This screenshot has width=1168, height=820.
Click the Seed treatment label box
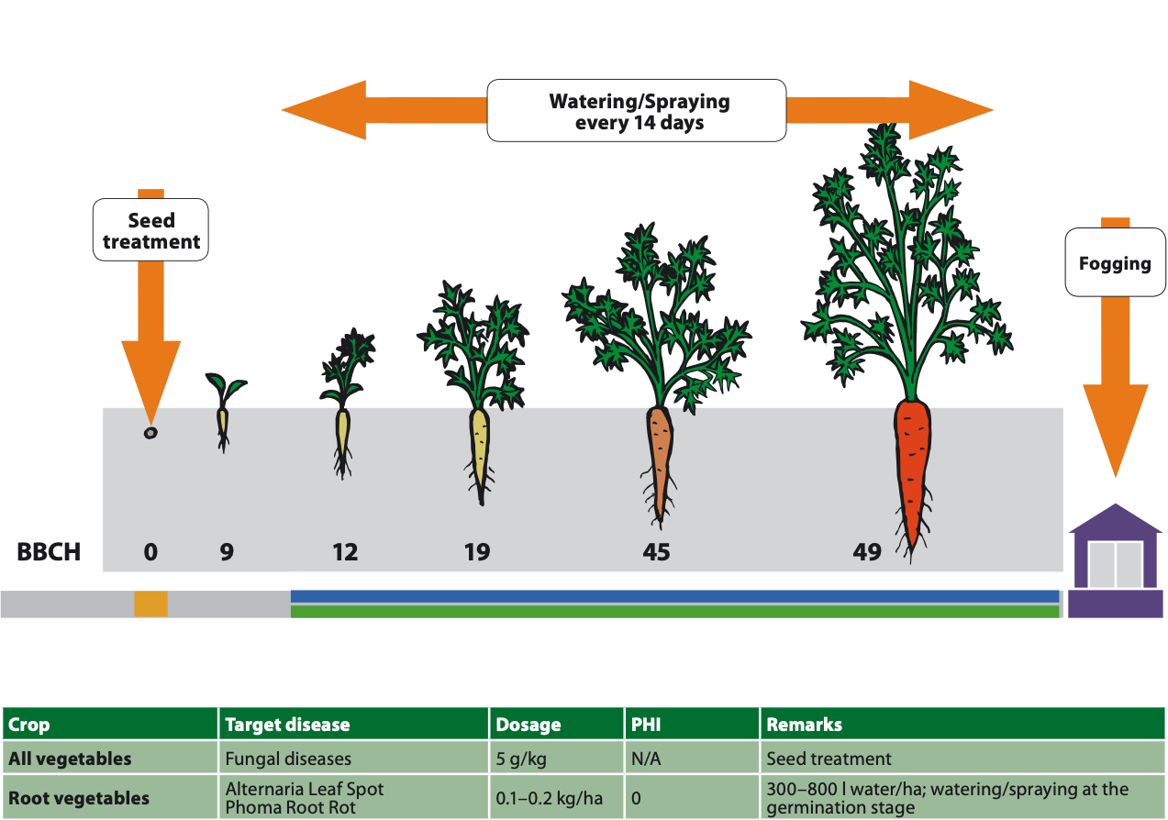[x=151, y=230]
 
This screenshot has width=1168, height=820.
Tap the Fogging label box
[x=1115, y=263]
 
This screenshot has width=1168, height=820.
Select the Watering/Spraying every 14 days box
[x=637, y=111]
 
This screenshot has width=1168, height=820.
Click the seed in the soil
[x=150, y=432]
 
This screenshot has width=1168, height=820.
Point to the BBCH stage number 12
[x=345, y=552]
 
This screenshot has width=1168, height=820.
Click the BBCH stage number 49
[x=867, y=552]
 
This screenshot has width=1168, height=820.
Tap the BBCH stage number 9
[x=227, y=552]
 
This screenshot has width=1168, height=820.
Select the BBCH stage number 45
[x=657, y=552]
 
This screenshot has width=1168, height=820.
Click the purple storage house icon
[x=1115, y=561]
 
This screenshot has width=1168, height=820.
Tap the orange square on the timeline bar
[x=150, y=604]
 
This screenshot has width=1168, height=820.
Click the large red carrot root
[x=912, y=468]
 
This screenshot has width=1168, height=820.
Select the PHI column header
[x=646, y=725]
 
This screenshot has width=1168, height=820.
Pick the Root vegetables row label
[x=79, y=798]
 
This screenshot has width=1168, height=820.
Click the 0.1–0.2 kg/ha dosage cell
[x=550, y=798]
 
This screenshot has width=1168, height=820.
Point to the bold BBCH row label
[x=49, y=552]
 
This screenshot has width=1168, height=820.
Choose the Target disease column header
[x=287, y=725]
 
